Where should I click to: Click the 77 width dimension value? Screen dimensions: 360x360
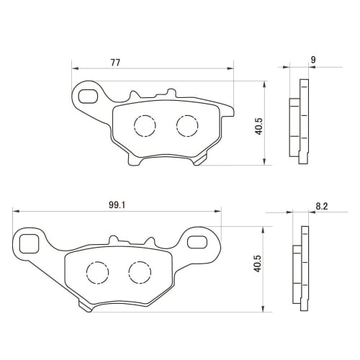(115, 63)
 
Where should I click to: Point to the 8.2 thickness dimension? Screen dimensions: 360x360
(322, 206)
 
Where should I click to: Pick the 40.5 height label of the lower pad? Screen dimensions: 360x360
(258, 269)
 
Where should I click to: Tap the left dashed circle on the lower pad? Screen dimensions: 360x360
(96, 271)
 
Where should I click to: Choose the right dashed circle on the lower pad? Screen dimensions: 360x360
(138, 271)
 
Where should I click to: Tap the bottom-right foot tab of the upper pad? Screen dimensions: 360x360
(201, 161)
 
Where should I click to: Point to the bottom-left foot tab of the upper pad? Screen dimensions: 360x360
(135, 159)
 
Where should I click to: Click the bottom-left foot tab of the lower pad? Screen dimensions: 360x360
(86, 306)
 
